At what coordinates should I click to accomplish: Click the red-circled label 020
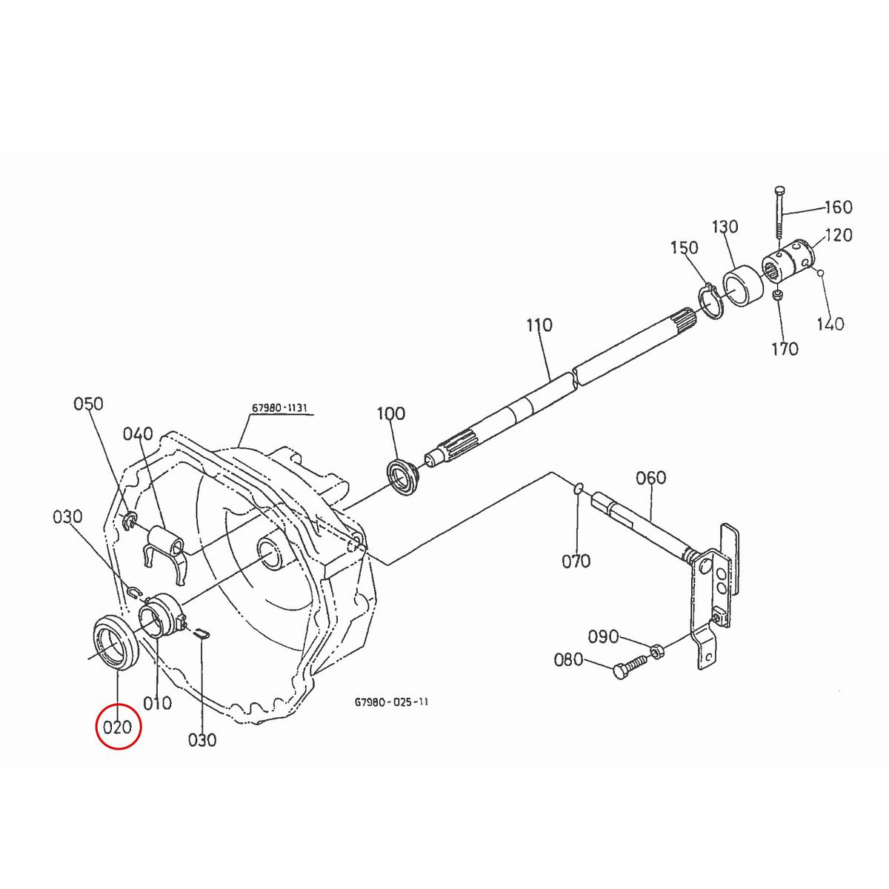click(118, 727)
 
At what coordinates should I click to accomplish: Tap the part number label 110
click(539, 324)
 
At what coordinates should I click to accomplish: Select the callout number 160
click(837, 207)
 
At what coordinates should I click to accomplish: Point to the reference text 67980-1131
click(279, 408)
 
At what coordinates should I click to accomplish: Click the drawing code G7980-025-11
click(391, 701)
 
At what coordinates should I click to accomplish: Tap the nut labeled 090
click(656, 651)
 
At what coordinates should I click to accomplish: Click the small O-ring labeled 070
click(579, 488)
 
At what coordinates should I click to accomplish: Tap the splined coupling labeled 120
click(788, 262)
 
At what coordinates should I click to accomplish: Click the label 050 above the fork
click(88, 404)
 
